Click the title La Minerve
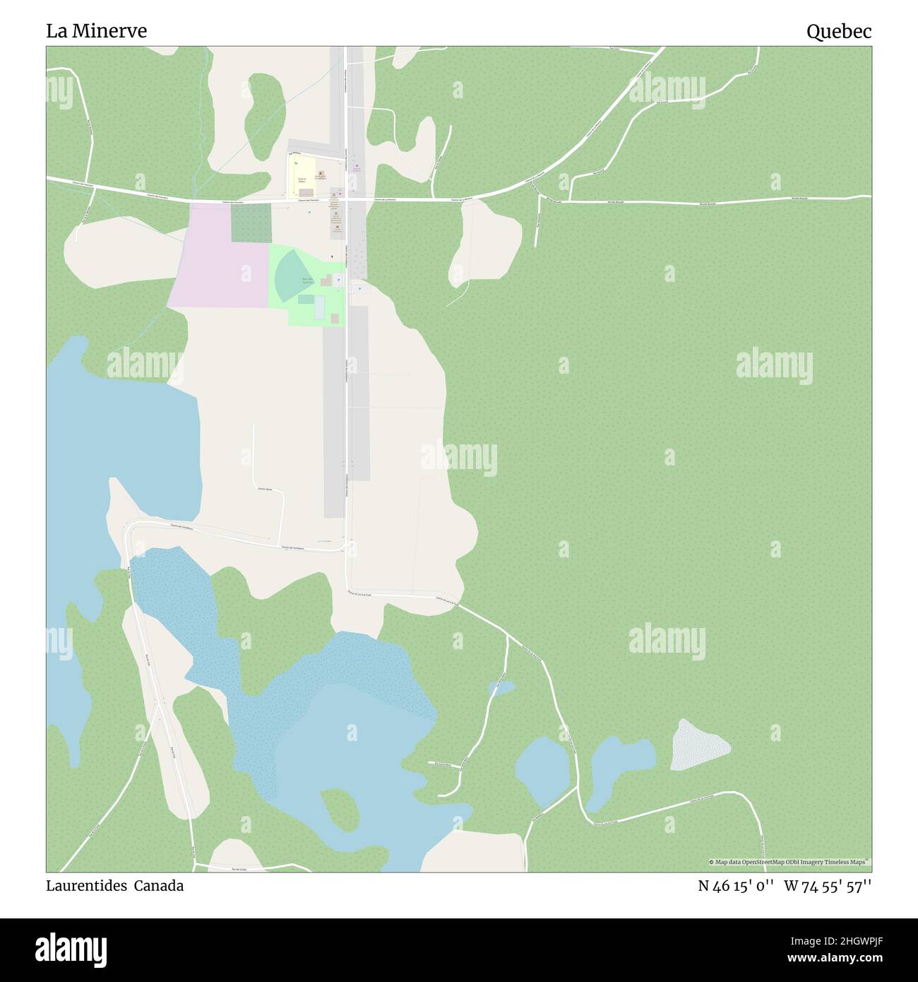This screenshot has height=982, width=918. coord(97,31)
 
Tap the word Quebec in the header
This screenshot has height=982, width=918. coord(839,31)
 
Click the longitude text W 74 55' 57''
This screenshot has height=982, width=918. coord(828,886)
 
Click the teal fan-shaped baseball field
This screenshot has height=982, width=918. coord(290,276)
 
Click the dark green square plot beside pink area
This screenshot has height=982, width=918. coord(251,224)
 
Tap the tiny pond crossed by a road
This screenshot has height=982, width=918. coord(501,687)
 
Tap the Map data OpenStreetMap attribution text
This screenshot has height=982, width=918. coord(789,862)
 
